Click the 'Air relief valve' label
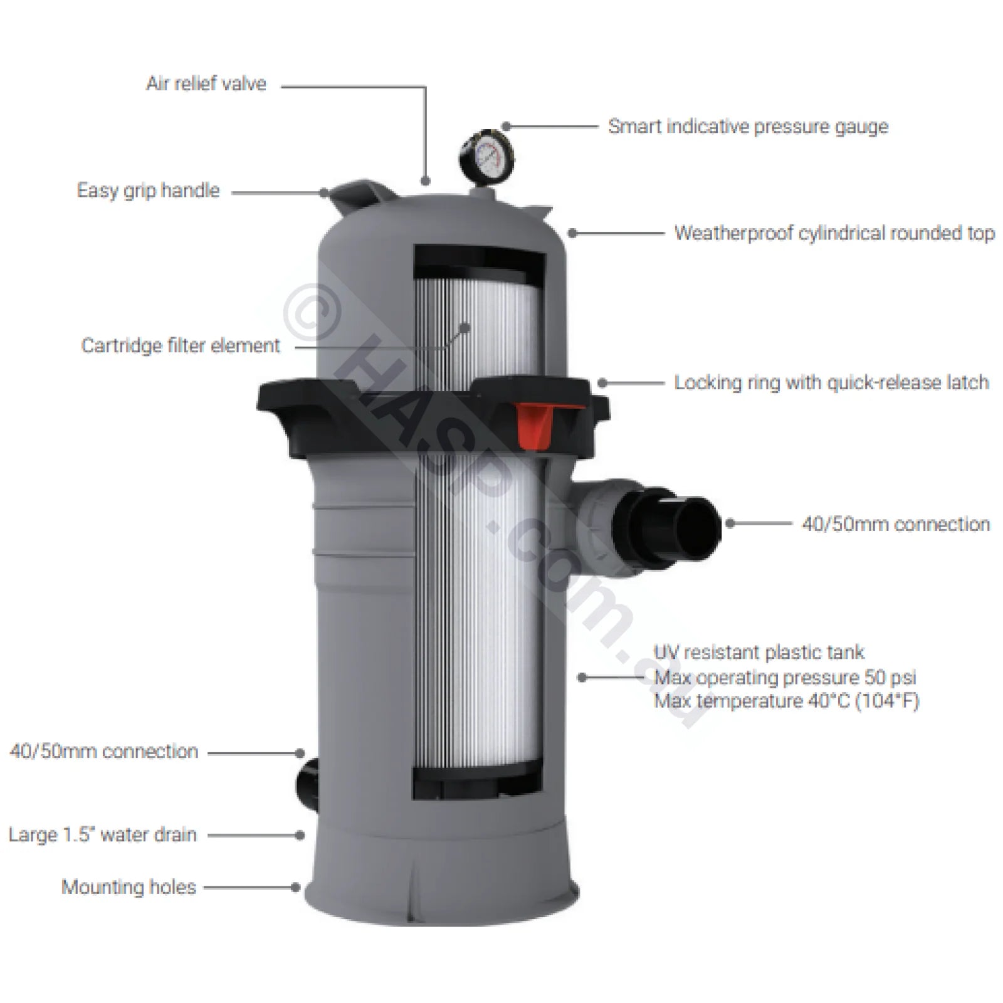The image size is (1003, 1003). tap(206, 83)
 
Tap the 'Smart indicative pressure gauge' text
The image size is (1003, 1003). tap(748, 126)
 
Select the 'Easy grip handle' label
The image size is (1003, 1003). tap(149, 191)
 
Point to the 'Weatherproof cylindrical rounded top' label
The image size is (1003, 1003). tap(834, 233)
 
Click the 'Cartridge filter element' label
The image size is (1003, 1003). tap(181, 345)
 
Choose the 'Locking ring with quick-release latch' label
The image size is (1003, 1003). tap(831, 382)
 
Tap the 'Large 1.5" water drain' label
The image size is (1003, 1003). tap(103, 835)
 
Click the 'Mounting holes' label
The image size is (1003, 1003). tap(129, 887)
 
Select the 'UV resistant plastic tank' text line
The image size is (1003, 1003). tap(759, 653)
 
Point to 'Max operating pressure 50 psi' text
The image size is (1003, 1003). tap(785, 677)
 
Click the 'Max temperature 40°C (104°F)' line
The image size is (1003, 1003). tap(786, 700)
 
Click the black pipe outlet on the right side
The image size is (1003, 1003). tap(680, 522)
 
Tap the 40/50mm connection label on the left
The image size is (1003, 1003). tap(104, 752)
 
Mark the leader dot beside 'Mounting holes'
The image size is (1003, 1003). tap(295, 887)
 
